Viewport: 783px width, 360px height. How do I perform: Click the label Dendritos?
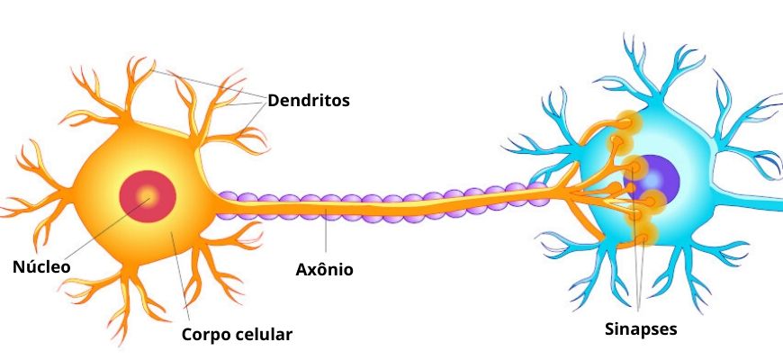[308, 100]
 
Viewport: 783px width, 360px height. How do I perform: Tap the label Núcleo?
[40, 266]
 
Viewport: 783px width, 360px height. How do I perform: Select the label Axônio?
[324, 268]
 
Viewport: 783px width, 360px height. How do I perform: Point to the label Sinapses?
[640, 328]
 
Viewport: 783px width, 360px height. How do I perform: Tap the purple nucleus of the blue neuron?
[661, 181]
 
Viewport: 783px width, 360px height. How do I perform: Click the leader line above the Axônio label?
[326, 234]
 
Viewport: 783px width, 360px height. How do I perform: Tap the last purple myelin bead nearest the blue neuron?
[537, 188]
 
